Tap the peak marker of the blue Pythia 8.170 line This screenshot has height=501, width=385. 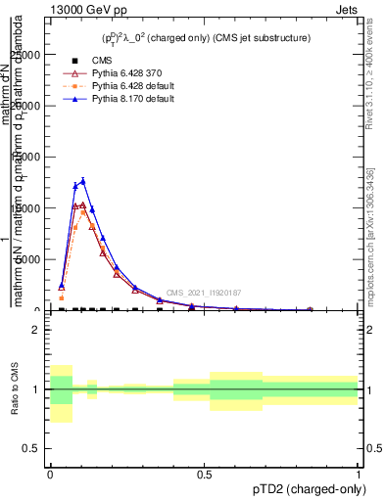point(83,181)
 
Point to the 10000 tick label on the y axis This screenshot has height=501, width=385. point(27,207)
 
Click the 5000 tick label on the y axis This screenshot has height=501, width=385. point(30,259)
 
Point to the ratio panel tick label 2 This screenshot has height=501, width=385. point(37,330)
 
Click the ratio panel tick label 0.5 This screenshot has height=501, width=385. point(32,448)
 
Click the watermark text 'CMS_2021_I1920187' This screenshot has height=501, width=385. point(203,293)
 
